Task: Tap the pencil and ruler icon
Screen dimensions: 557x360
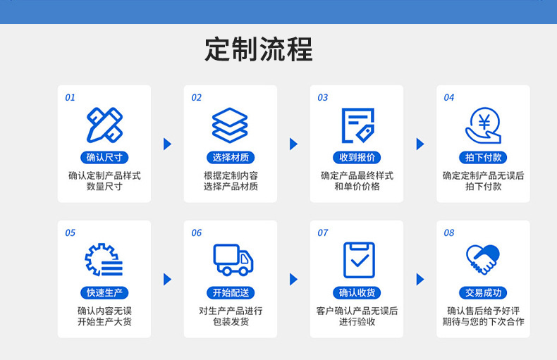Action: coord(104,125)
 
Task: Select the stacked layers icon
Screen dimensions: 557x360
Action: coord(230,125)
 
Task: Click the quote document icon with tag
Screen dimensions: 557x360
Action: coord(357,125)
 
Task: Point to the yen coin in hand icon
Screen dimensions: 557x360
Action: coord(483,125)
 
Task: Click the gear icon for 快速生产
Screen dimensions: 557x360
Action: coord(104,260)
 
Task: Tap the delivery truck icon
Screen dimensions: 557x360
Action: coord(232,260)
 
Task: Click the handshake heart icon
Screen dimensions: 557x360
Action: coord(483,260)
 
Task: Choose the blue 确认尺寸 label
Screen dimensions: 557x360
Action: coord(104,158)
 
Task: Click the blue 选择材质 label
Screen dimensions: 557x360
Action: coord(231,158)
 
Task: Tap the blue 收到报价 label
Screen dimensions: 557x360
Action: coord(357,158)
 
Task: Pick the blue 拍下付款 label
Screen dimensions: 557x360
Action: coord(483,158)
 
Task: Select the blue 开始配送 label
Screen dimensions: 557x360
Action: coord(231,293)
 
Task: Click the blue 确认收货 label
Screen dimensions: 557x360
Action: coord(357,293)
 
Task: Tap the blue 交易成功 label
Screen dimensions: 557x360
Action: coord(483,293)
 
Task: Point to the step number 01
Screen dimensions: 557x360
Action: coord(70,98)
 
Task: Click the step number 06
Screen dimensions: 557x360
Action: coord(196,233)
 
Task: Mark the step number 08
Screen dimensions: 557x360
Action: coord(449,233)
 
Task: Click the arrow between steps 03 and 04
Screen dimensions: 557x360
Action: coord(420,144)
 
